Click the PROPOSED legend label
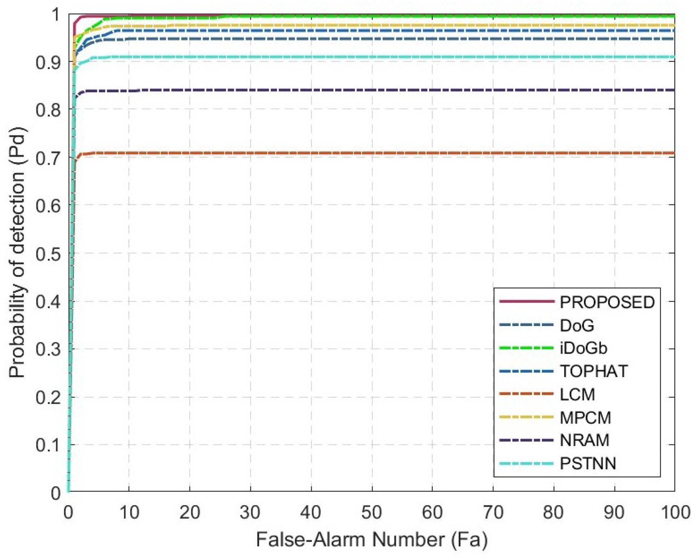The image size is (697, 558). tap(607, 302)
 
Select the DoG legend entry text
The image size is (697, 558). tap(577, 325)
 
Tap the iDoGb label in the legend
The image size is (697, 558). tap(583, 348)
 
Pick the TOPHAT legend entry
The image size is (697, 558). tap(594, 371)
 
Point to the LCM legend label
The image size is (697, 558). tap(577, 394)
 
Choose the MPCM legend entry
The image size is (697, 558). tap(585, 418)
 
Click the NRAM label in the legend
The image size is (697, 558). tap(585, 440)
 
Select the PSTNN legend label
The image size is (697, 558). tap(588, 464)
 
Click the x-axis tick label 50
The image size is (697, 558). tap(372, 512)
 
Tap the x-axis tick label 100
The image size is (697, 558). tap(675, 512)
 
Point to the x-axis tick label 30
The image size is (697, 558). tap(250, 512)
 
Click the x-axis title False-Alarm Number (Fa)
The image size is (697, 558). tap(372, 540)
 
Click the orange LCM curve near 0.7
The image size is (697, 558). tap(362, 153)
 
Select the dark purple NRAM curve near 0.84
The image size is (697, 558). tap(362, 90)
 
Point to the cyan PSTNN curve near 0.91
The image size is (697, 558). tap(362, 57)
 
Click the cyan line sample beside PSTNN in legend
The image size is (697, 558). tap(526, 464)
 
